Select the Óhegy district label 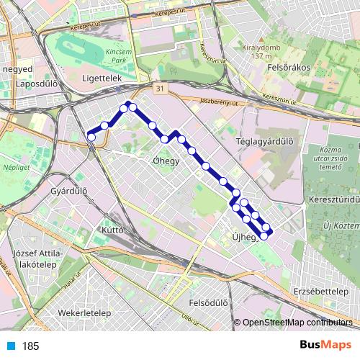coord(166,161)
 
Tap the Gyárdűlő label coord(70,192)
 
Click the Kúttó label coord(114,231)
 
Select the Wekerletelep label coord(84,315)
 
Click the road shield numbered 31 coord(161,89)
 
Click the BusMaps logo coord(325,345)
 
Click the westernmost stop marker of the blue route coord(91,135)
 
